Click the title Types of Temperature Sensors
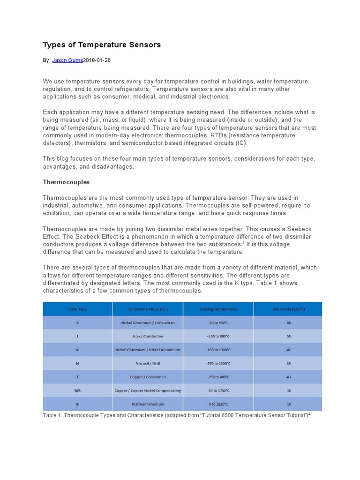(x=102, y=45)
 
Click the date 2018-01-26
(x=97, y=60)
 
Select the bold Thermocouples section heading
(x=66, y=181)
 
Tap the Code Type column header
(x=77, y=309)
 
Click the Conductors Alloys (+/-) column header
(x=148, y=309)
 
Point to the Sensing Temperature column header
(x=218, y=309)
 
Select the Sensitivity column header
(x=288, y=309)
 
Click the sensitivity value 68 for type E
(x=288, y=323)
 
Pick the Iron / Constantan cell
(x=148, y=337)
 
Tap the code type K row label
(x=77, y=350)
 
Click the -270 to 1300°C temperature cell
(x=218, y=364)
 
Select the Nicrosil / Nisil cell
(x=148, y=364)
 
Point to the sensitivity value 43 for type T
(x=288, y=377)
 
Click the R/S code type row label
(x=77, y=391)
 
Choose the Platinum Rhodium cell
(x=148, y=404)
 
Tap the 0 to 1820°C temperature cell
(x=218, y=404)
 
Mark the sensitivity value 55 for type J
(x=288, y=337)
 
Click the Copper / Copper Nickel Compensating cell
(x=148, y=391)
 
